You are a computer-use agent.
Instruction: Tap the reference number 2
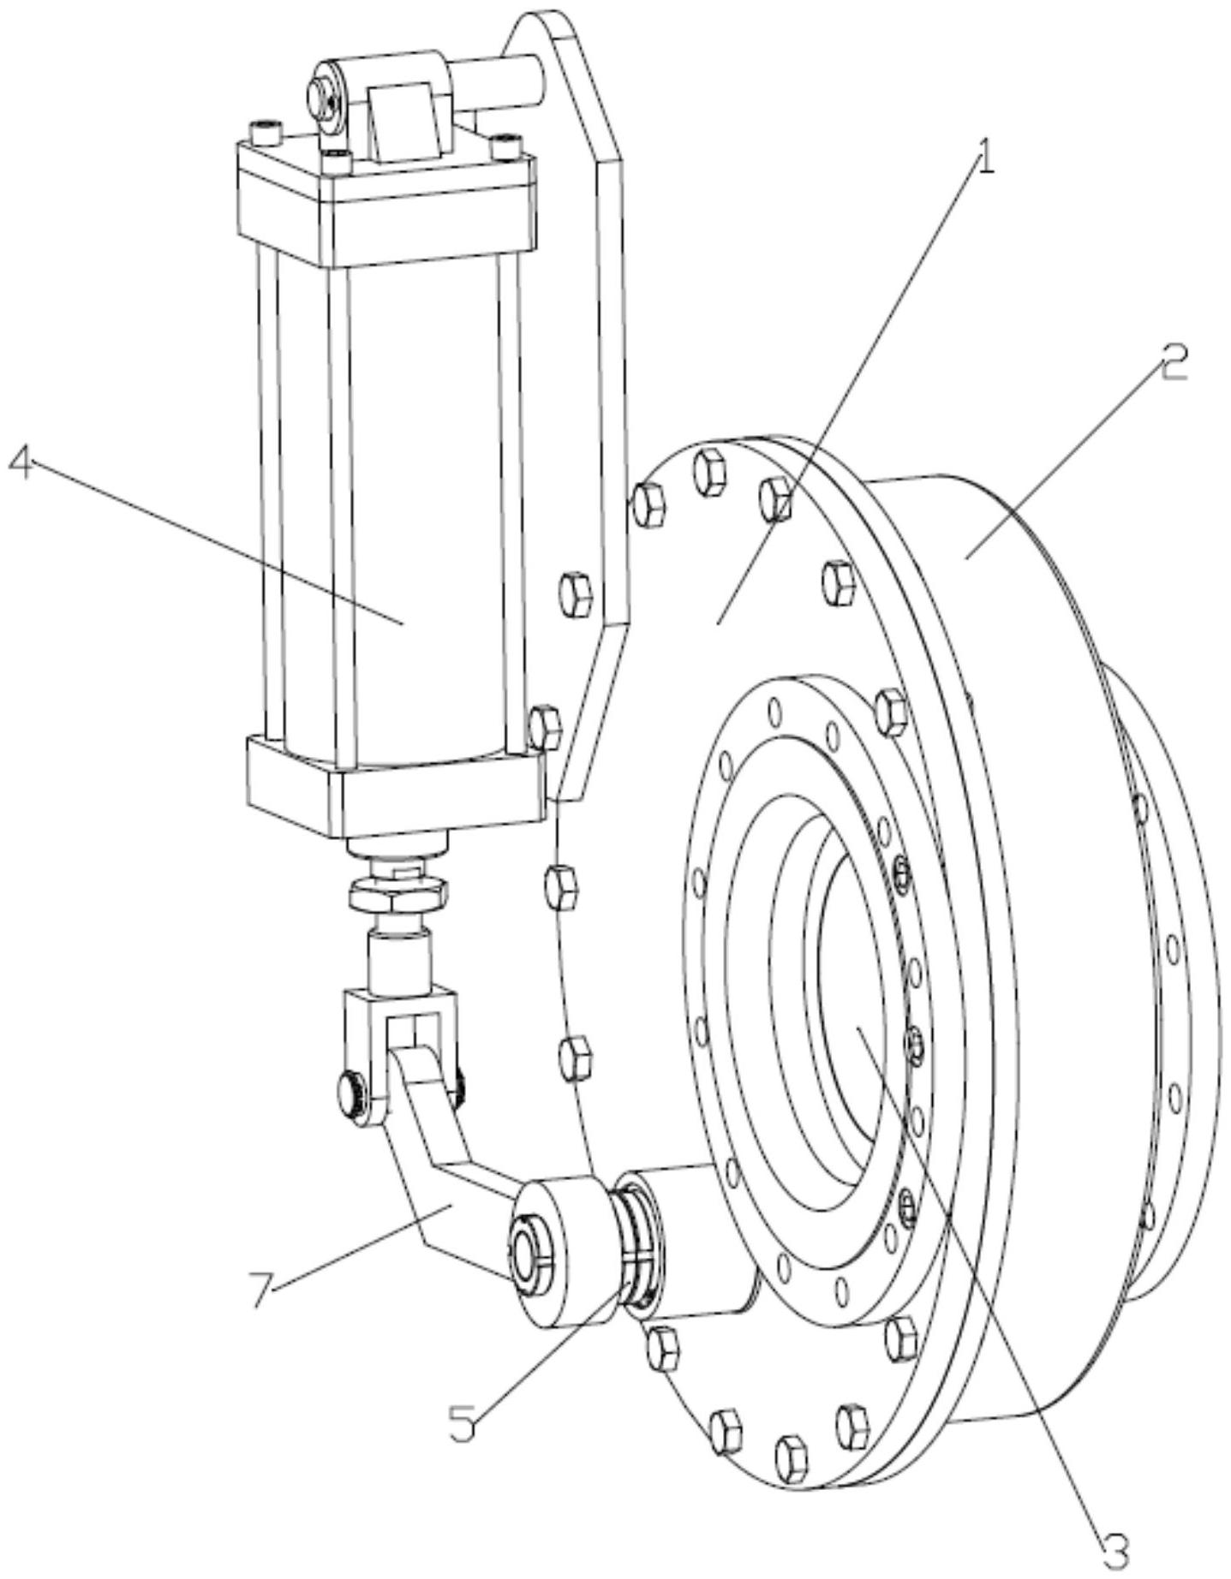[x=1173, y=363]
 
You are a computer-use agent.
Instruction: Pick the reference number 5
[x=463, y=1422]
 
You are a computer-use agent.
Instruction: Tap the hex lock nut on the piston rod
[x=395, y=897]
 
